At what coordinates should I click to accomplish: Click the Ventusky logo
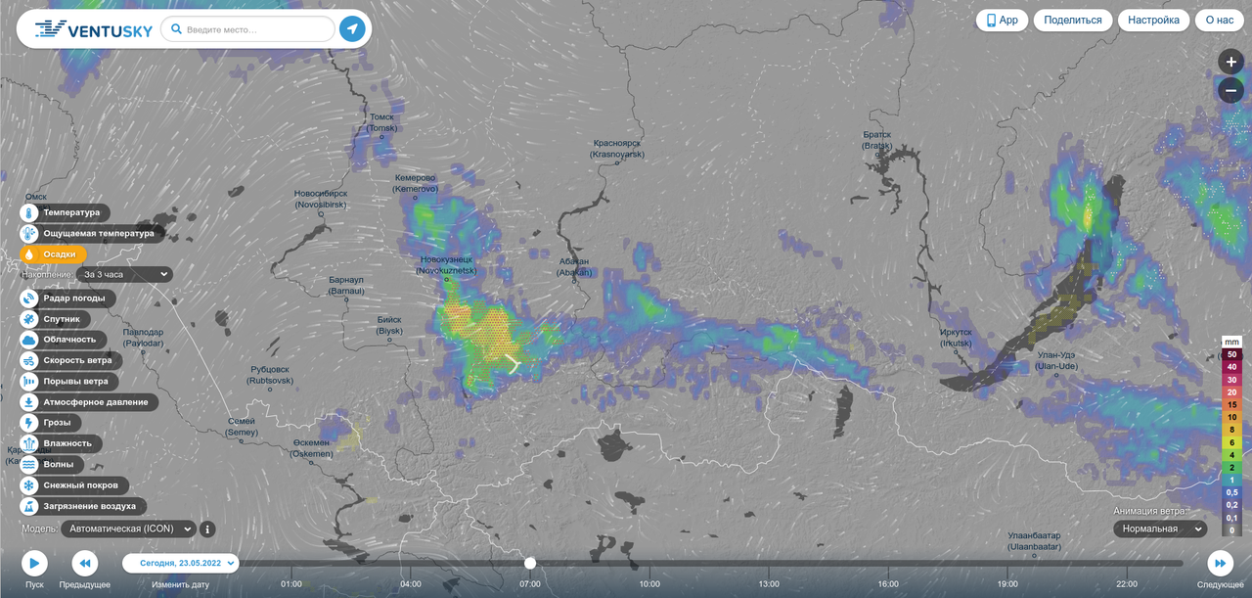pyautogui.click(x=94, y=29)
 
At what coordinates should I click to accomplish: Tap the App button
pyautogui.click(x=1002, y=20)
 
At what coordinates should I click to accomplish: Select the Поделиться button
pyautogui.click(x=1072, y=20)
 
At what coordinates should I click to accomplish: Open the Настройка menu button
pyautogui.click(x=1153, y=20)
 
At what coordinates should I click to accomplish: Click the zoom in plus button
pyautogui.click(x=1230, y=62)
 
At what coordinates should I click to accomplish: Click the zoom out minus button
pyautogui.click(x=1230, y=90)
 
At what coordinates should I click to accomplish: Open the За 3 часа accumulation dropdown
pyautogui.click(x=126, y=275)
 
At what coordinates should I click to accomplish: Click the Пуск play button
pyautogui.click(x=34, y=563)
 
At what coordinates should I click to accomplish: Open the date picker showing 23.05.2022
pyautogui.click(x=181, y=563)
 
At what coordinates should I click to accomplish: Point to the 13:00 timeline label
pyautogui.click(x=769, y=584)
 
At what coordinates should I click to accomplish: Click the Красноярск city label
pyautogui.click(x=617, y=149)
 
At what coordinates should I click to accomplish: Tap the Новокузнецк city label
pyautogui.click(x=447, y=264)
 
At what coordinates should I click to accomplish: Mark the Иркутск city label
pyautogui.click(x=956, y=338)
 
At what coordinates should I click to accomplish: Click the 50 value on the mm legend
pyautogui.click(x=1232, y=354)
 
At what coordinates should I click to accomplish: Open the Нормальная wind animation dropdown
pyautogui.click(x=1159, y=529)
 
